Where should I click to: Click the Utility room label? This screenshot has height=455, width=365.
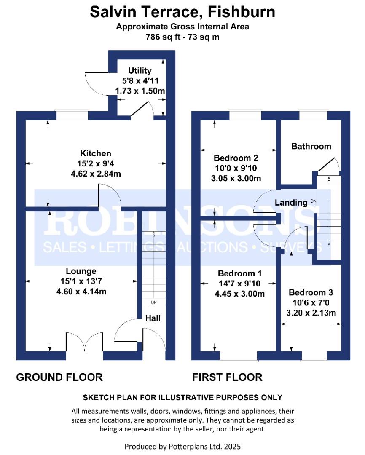point(140,70)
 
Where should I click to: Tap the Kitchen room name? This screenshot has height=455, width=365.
point(96,153)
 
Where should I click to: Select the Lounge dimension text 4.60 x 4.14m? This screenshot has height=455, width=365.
point(81,292)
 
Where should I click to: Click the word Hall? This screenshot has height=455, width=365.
point(153,318)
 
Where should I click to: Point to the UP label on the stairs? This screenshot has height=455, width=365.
point(153,302)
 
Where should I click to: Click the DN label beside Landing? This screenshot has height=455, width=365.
point(313,201)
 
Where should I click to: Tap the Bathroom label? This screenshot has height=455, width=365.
point(311,146)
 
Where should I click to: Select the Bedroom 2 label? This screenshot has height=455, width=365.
point(236,158)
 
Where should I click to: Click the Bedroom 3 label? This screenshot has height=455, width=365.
point(311,292)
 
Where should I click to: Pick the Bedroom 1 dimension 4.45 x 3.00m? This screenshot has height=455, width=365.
point(239,294)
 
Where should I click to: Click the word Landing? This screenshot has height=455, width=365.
point(291,203)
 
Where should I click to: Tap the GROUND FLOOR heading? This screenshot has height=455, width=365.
point(59,377)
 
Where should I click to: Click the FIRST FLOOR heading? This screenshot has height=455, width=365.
point(227,377)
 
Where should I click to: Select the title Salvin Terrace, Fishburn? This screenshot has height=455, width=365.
point(182,12)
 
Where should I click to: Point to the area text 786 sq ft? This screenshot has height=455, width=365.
point(163,37)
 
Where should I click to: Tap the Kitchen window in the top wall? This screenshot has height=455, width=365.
point(72,115)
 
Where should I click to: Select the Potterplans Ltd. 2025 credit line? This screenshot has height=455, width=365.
point(182,446)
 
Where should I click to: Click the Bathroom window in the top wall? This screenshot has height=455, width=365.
point(313,115)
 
